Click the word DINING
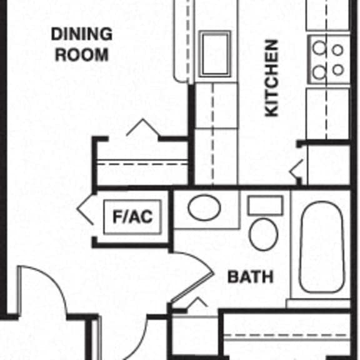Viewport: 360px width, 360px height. point(82,34)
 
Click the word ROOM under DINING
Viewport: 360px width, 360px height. point(82,54)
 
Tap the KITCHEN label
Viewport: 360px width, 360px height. point(272,78)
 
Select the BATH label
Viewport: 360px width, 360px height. point(251,277)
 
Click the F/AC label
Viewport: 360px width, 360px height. point(132,216)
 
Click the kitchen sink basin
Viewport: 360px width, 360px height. point(215,54)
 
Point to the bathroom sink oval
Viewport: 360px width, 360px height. point(204,207)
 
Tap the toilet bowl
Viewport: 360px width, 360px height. point(263,234)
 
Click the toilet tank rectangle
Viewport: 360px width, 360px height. point(265,205)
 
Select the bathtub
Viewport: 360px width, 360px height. point(322,247)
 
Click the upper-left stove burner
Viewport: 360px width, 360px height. point(319,47)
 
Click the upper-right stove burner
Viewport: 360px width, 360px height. point(337,50)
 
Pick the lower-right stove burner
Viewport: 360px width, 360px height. point(337,69)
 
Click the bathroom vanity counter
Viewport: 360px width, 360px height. point(207,209)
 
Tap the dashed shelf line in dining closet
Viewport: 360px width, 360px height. point(142,164)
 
